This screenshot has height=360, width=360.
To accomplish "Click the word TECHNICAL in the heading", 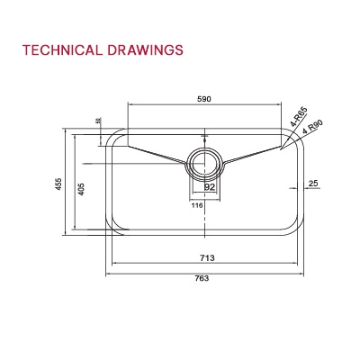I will (x=60, y=49).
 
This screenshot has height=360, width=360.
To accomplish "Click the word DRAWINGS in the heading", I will (x=144, y=49).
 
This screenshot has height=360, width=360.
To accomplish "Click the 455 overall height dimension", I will (x=58, y=184).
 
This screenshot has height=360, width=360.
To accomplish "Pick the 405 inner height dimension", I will (x=81, y=190).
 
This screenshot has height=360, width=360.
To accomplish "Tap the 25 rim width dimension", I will (x=312, y=184).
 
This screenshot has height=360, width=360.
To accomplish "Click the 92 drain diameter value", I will (x=209, y=188).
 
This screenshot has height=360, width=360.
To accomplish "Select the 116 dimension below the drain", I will (x=195, y=205).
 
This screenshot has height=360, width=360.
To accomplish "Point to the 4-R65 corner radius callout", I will (x=298, y=117).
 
